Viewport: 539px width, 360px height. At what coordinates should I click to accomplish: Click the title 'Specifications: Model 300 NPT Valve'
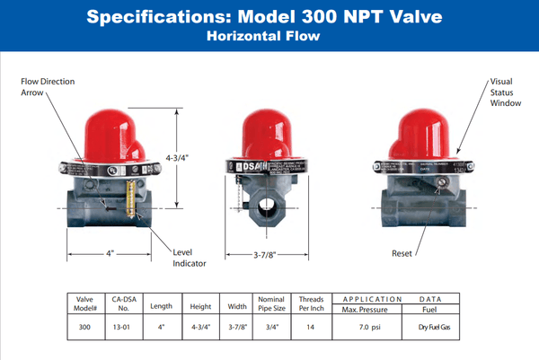point(269,18)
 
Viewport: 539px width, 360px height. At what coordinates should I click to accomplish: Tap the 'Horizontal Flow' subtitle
point(269,37)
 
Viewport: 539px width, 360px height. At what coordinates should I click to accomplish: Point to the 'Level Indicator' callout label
point(190,258)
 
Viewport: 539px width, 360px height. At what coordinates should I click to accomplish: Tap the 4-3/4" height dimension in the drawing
point(178,158)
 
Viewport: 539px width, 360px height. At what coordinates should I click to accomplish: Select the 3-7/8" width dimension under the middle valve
point(269,256)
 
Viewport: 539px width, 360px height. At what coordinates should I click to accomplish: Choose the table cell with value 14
point(311,328)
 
